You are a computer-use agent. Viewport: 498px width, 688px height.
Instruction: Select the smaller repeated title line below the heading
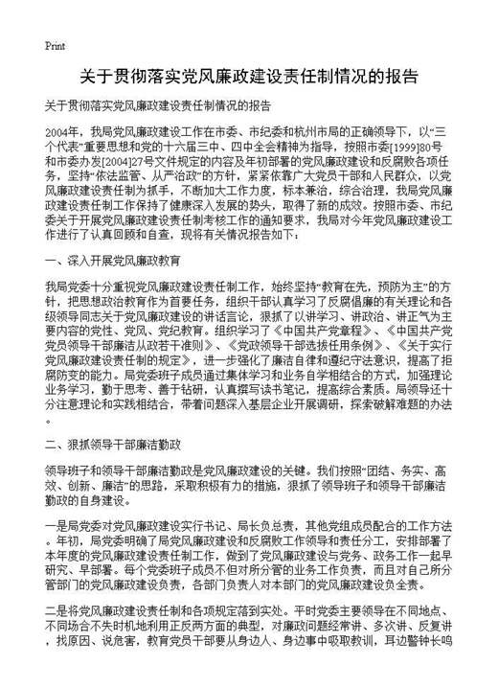click(x=159, y=105)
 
